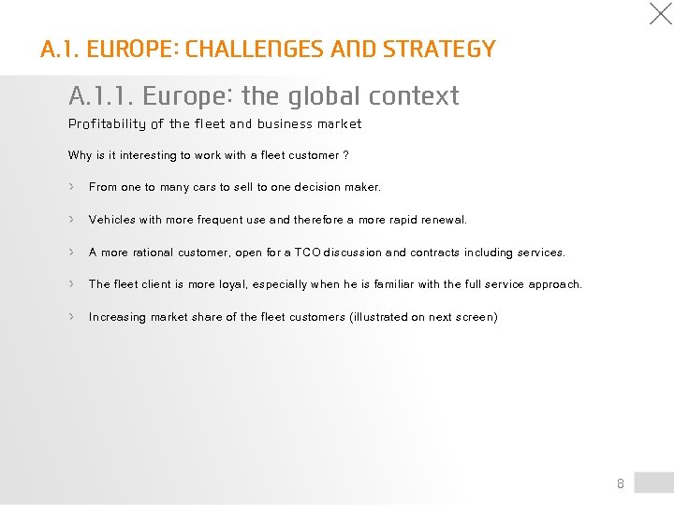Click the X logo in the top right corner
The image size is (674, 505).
pyautogui.click(x=660, y=14)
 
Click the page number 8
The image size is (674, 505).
pyautogui.click(x=620, y=483)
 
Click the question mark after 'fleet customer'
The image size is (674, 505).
pyautogui.click(x=346, y=155)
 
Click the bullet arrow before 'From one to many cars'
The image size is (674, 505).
pyautogui.click(x=71, y=186)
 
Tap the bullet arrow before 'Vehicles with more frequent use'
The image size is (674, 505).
pyautogui.click(x=71, y=219)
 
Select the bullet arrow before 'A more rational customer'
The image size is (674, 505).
pyautogui.click(x=71, y=252)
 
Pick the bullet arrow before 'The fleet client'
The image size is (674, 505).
pyautogui.click(x=71, y=283)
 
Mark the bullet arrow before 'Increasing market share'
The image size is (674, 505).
pyautogui.click(x=71, y=316)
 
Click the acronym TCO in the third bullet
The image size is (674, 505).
pyautogui.click(x=306, y=252)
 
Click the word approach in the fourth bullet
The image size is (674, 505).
pyautogui.click(x=553, y=284)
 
